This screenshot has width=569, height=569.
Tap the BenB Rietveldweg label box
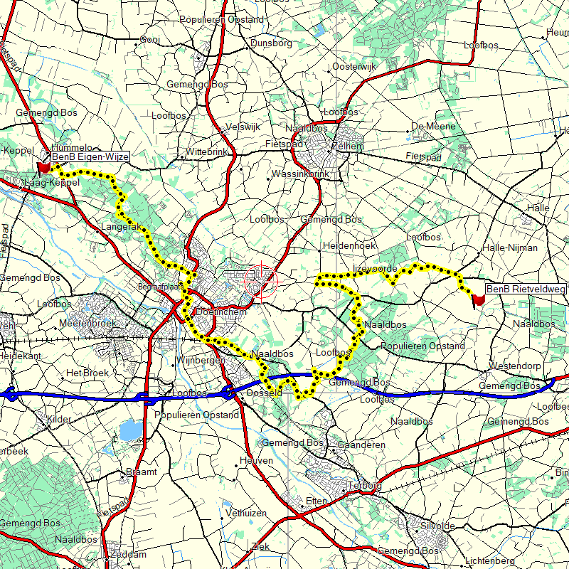click(526, 289)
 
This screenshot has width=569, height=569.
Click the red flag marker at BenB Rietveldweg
click(479, 300)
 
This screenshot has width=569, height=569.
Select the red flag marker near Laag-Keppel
click(44, 168)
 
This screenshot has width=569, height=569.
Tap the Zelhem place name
click(348, 146)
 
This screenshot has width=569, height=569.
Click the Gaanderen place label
click(362, 445)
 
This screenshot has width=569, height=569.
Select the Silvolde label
click(437, 526)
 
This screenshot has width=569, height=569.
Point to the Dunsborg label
click(271, 43)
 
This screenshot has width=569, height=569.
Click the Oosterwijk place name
click(353, 66)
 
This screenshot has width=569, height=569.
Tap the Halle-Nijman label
click(510, 248)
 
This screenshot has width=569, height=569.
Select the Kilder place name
click(59, 420)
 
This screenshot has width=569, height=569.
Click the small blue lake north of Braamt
click(129, 430)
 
